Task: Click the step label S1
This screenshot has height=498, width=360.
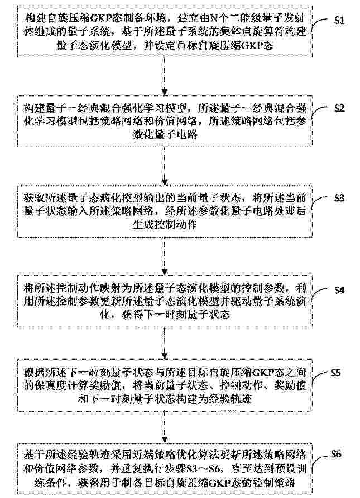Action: pos(339,21)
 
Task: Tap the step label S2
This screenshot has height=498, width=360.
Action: pos(339,108)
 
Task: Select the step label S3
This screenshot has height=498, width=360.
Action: pos(339,198)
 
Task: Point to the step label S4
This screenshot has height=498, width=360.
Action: pos(339,290)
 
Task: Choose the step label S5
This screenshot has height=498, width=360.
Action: pos(335,373)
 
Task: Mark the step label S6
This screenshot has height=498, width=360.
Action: pos(335,454)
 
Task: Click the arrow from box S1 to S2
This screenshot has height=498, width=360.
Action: pos(165,76)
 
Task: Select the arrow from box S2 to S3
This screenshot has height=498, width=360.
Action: pos(165,166)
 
